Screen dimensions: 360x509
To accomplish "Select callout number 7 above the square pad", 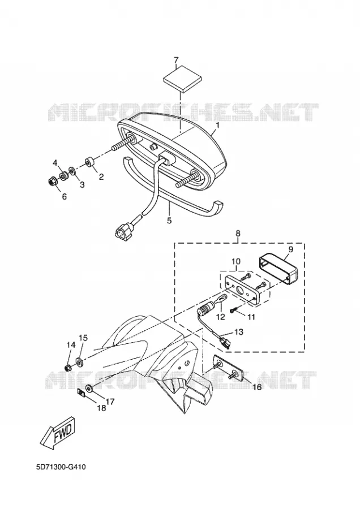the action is click(x=176, y=61).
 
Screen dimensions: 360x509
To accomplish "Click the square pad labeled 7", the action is click(x=183, y=83).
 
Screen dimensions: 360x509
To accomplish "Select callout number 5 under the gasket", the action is click(x=169, y=221).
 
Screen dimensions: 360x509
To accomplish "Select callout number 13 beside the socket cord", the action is click(x=238, y=332).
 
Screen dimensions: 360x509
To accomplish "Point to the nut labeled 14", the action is click(x=68, y=368).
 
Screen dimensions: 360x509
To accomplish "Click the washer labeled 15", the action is click(x=79, y=361).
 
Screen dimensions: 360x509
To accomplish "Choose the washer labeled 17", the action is click(x=88, y=388).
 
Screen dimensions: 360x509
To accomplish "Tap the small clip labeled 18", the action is click(x=82, y=393).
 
